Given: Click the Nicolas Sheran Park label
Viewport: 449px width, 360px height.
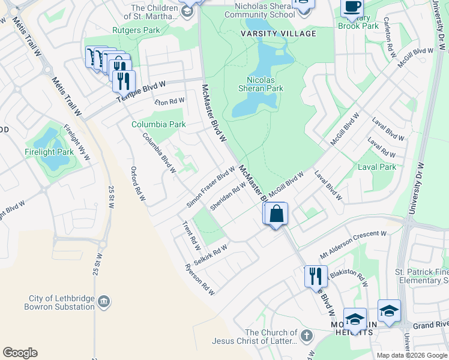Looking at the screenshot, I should (x=265, y=83).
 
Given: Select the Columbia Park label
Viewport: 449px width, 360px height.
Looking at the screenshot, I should (x=158, y=125).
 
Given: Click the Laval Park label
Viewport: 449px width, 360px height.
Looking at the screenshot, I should (x=377, y=167).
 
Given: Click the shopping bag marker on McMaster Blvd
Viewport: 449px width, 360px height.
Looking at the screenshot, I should (x=277, y=214).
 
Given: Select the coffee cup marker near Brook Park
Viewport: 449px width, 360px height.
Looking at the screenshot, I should (x=352, y=7).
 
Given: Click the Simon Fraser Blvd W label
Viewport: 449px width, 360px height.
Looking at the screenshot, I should (x=210, y=187).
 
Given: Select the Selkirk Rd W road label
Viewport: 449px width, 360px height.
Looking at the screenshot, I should (x=212, y=251).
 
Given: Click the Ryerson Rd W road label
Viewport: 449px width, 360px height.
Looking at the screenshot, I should (x=200, y=280).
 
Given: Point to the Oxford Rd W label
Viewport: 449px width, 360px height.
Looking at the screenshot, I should (x=138, y=184).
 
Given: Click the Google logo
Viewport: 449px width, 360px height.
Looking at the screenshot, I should (x=20, y=353).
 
